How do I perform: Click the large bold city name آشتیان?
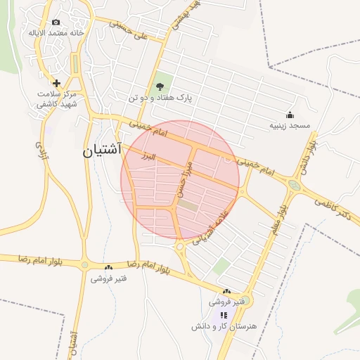click(x=102, y=150)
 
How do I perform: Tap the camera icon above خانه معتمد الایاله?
click(x=56, y=22)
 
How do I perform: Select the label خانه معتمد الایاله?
click(x=56, y=33)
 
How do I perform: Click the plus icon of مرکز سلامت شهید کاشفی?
click(x=56, y=83)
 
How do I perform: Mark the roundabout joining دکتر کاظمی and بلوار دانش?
click(x=294, y=186)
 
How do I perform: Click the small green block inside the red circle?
click(x=188, y=205)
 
